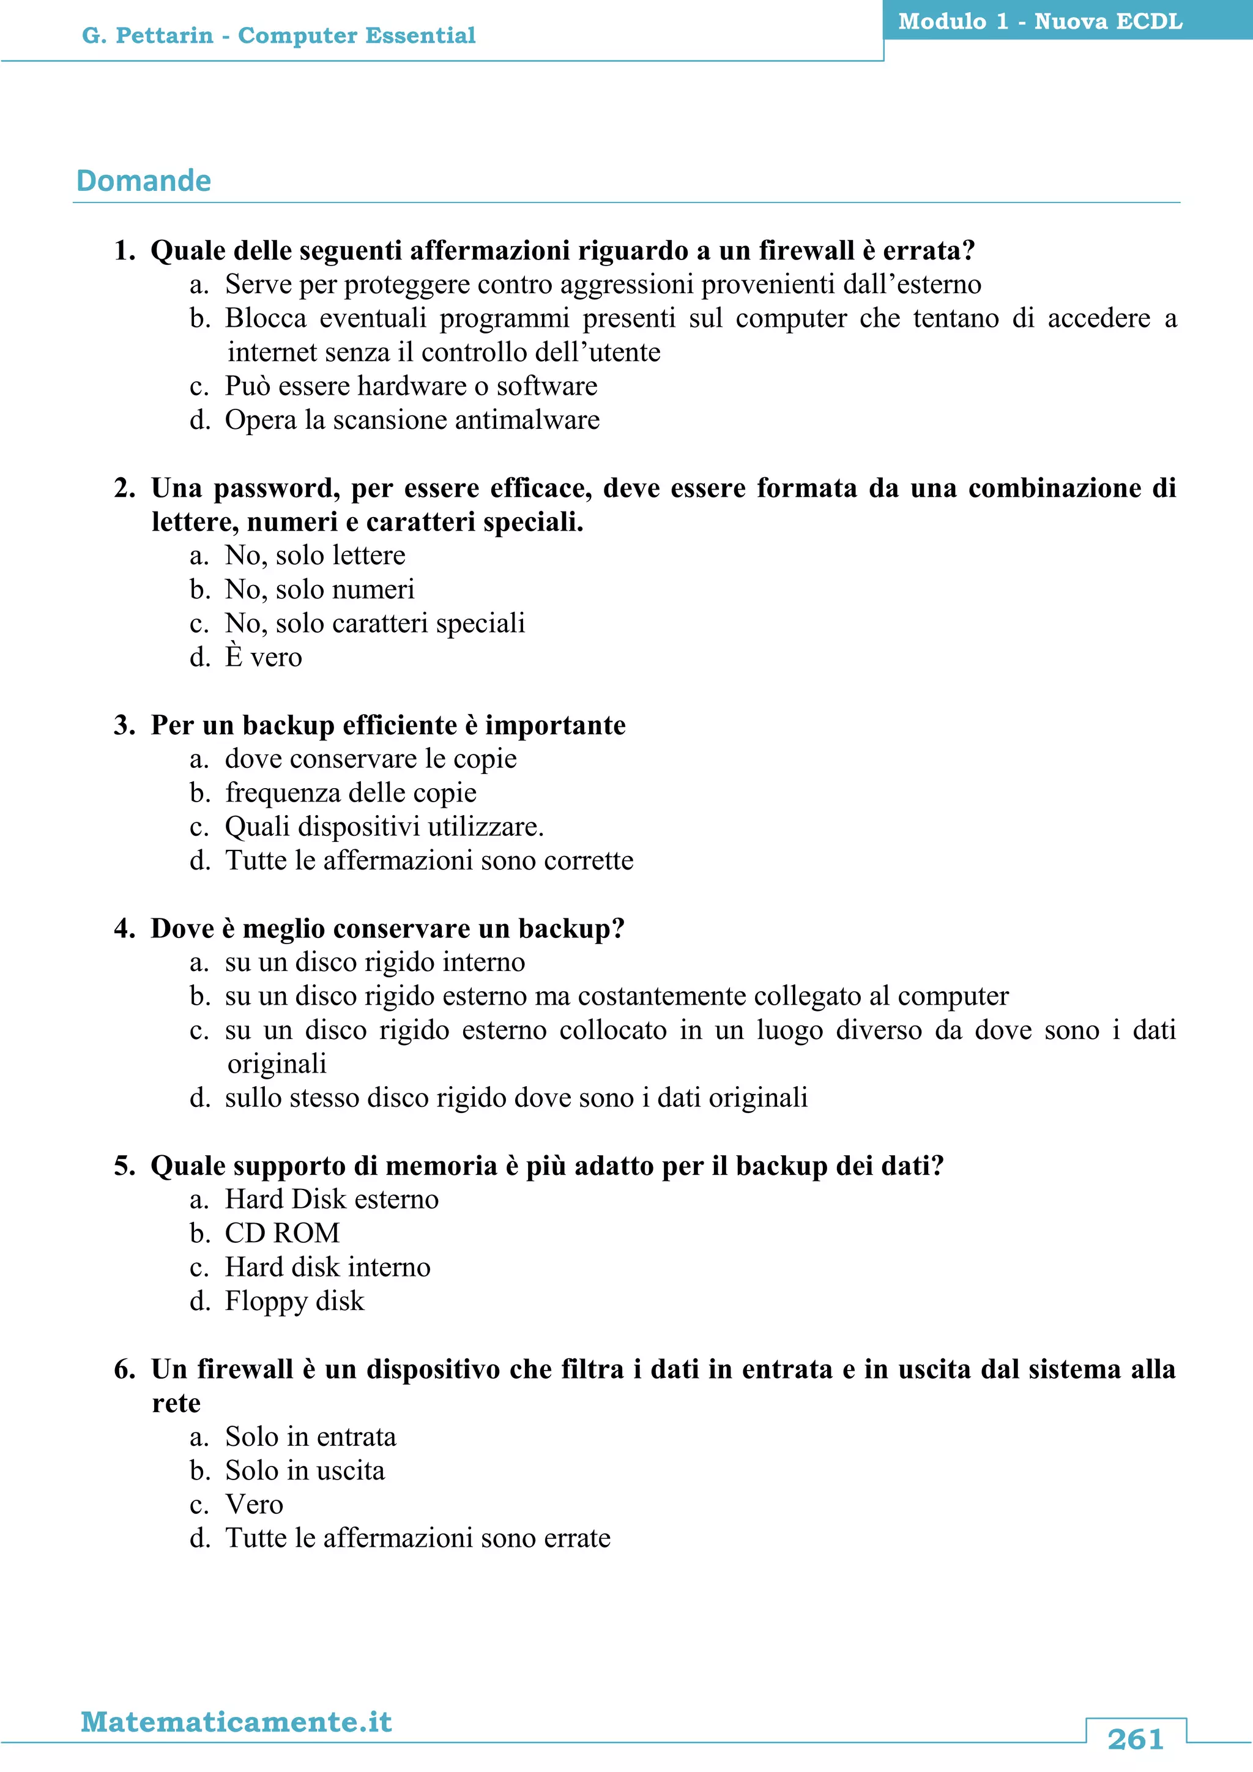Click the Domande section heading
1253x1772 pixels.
pyautogui.click(x=144, y=181)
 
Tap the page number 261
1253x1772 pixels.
pyautogui.click(x=1134, y=1740)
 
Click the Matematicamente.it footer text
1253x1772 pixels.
pyautogui.click(x=236, y=1722)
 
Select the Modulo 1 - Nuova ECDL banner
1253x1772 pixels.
pyautogui.click(x=1039, y=21)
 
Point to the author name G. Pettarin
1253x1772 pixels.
pyautogui.click(x=147, y=35)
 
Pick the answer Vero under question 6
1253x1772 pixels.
pyautogui.click(x=254, y=1504)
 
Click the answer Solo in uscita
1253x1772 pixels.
pyautogui.click(x=305, y=1470)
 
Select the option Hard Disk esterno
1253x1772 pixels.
pyautogui.click(x=332, y=1199)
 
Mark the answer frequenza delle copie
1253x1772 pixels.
pyautogui.click(x=351, y=792)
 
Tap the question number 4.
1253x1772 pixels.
pyautogui.click(x=124, y=928)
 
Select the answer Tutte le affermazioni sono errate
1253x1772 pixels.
pyautogui.click(x=417, y=1538)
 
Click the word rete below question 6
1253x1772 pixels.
pyautogui.click(x=176, y=1403)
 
